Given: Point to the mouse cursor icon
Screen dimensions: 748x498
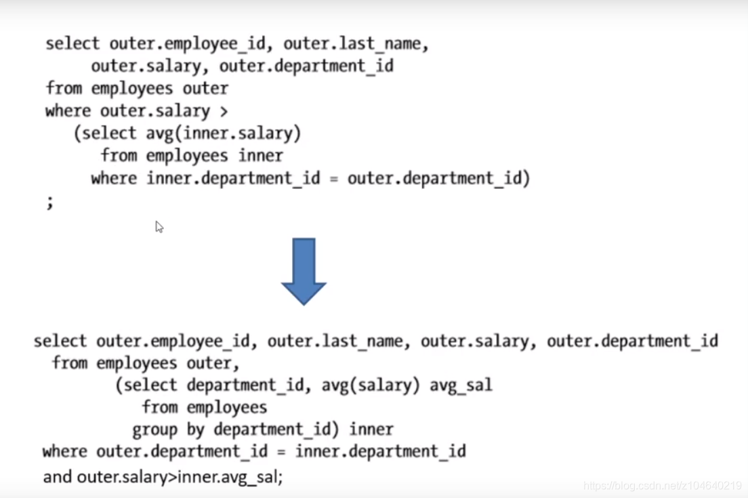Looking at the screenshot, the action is click(x=159, y=227).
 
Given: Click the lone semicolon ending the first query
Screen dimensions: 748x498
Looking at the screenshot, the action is click(x=49, y=202).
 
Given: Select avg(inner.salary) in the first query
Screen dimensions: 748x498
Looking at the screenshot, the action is click(x=224, y=133).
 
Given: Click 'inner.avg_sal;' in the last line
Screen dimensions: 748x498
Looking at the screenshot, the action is click(x=230, y=477).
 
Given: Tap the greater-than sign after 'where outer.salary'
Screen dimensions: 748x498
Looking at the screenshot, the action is click(x=224, y=110).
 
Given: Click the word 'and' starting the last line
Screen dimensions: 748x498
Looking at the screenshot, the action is click(x=57, y=477).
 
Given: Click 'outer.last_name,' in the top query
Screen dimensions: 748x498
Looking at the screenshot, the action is click(x=356, y=44).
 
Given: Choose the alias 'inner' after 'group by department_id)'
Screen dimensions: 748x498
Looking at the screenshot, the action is click(x=371, y=430).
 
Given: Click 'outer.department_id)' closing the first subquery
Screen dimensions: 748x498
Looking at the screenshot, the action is click(x=438, y=178).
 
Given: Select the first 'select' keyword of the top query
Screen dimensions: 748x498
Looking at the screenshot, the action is click(x=72, y=44).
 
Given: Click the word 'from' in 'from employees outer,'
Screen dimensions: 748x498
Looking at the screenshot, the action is click(x=70, y=363).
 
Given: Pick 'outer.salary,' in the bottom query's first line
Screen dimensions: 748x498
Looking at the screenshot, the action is click(x=474, y=341).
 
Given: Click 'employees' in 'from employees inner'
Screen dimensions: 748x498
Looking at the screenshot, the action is click(x=186, y=155).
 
